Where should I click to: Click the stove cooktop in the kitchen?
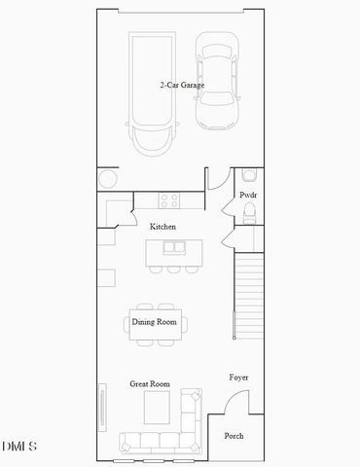169,201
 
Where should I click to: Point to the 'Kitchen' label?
162,227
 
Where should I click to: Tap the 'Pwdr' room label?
248,195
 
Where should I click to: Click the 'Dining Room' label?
154,321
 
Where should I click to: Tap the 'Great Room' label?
150,384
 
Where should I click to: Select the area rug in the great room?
157,407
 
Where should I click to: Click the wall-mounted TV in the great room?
100,404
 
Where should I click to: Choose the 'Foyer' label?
238,377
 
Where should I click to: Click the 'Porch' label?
234,436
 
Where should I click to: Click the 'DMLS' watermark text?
19,447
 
